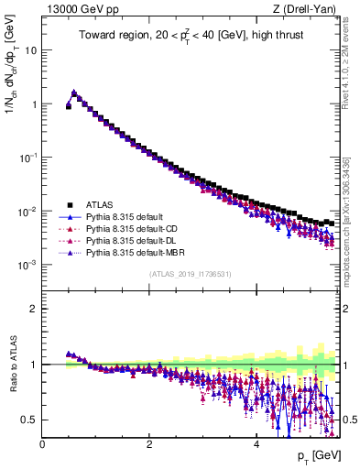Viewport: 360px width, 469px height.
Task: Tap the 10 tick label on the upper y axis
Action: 31,50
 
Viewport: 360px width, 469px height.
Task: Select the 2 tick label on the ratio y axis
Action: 34,309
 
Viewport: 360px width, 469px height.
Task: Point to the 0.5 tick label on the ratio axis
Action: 29,420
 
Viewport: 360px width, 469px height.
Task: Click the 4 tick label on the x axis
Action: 256,444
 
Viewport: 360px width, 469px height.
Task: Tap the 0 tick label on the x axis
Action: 43,444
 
